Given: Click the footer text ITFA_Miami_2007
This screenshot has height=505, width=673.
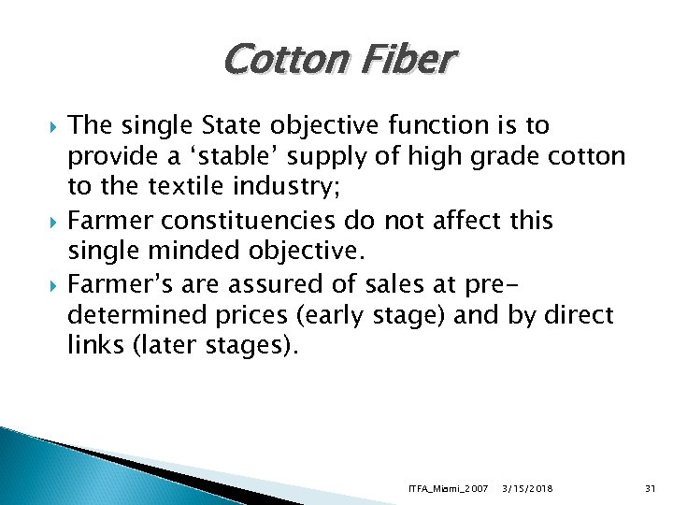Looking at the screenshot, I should [x=449, y=489].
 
